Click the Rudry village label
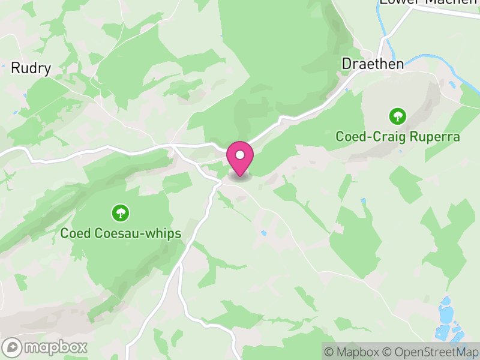point(31,68)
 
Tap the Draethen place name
point(372,63)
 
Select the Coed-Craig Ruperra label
point(398,137)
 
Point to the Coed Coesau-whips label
point(121,233)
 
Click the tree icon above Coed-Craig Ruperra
point(397,115)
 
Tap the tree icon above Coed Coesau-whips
point(121,212)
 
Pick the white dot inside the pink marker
point(240,155)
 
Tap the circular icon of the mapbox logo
point(13,347)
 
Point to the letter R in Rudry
point(15,68)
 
